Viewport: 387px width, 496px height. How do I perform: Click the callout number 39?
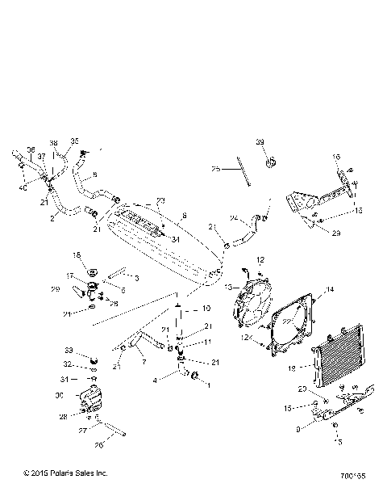260,142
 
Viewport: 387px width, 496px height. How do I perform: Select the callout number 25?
215,170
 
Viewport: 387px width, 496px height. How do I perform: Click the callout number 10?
206,309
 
